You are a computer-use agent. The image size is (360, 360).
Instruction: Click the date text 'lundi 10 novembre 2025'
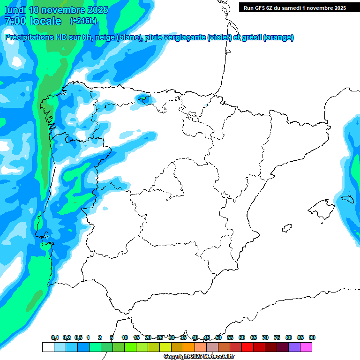56,10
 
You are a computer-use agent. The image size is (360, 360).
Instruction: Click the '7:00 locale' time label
32,21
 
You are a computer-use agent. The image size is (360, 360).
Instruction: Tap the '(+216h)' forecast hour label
83,21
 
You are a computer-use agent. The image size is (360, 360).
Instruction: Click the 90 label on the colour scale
312,337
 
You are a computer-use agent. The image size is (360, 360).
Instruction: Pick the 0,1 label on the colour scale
55,337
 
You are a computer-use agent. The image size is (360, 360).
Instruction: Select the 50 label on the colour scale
218,337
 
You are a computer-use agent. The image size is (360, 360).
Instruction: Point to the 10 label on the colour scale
125,337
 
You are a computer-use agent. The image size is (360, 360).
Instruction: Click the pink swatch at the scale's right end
306,347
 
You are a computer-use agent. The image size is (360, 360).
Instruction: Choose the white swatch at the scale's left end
48,347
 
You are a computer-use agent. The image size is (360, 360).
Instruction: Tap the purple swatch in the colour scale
294,347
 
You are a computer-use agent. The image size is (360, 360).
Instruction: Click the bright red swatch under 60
247,347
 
